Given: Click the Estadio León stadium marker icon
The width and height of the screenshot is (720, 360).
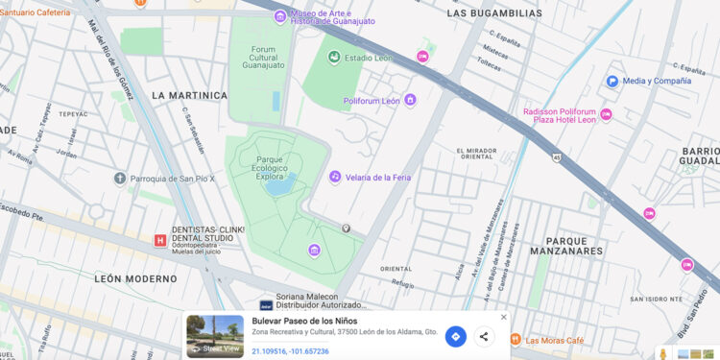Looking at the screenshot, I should pyautogui.click(x=334, y=58).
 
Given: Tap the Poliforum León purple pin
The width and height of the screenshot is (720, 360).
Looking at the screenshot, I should pyautogui.click(x=410, y=100).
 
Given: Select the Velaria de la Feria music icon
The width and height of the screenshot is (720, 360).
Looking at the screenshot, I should pyautogui.click(x=335, y=177).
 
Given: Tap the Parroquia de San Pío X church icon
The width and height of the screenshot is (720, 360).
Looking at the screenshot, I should pyautogui.click(x=119, y=179).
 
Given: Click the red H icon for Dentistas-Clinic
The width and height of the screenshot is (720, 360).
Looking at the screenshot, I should pyautogui.click(x=159, y=241).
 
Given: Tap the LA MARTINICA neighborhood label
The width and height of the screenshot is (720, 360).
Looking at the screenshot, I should pyautogui.click(x=189, y=96).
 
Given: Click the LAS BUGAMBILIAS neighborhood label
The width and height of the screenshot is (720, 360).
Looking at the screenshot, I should pyautogui.click(x=494, y=13).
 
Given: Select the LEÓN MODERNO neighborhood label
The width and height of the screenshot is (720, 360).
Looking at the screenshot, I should pyautogui.click(x=136, y=277).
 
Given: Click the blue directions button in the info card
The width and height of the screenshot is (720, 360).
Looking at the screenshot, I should pyautogui.click(x=455, y=336).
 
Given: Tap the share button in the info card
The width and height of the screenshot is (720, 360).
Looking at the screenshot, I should pyautogui.click(x=484, y=336).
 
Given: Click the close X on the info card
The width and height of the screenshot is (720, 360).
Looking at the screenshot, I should pyautogui.click(x=504, y=317).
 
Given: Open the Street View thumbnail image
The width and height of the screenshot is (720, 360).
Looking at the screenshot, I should pyautogui.click(x=215, y=336).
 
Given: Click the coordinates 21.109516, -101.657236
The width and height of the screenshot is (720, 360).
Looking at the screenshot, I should pyautogui.click(x=291, y=351).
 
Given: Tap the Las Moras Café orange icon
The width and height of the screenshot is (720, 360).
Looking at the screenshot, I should pyautogui.click(x=515, y=339).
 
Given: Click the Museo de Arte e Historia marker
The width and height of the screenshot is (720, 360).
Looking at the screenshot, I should pyautogui.click(x=279, y=15).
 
